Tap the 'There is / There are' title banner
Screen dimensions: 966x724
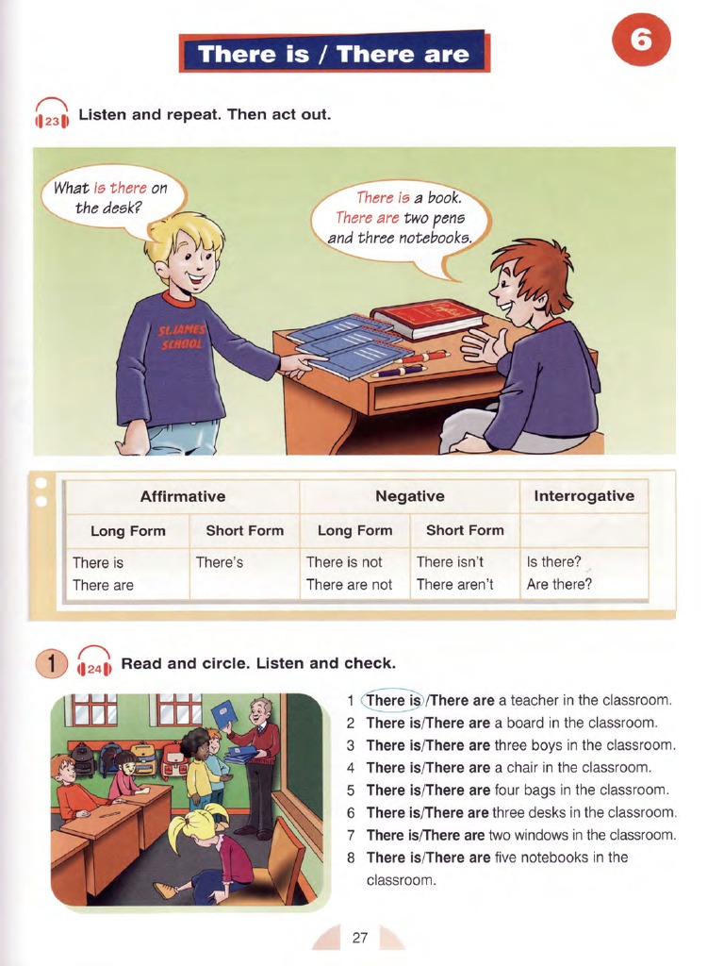pyautogui.click(x=335, y=53)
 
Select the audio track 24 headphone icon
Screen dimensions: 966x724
pyautogui.click(x=94, y=664)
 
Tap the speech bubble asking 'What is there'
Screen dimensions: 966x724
pyautogui.click(x=111, y=197)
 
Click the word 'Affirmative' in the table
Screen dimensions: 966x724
pyautogui.click(x=182, y=496)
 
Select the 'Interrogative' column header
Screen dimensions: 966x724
pyautogui.click(x=584, y=496)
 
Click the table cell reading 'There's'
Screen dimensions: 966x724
pyautogui.click(x=220, y=562)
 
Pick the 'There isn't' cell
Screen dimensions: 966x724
pyautogui.click(x=450, y=562)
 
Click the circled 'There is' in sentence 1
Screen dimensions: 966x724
pyautogui.click(x=393, y=701)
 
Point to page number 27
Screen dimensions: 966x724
pyautogui.click(x=359, y=938)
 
